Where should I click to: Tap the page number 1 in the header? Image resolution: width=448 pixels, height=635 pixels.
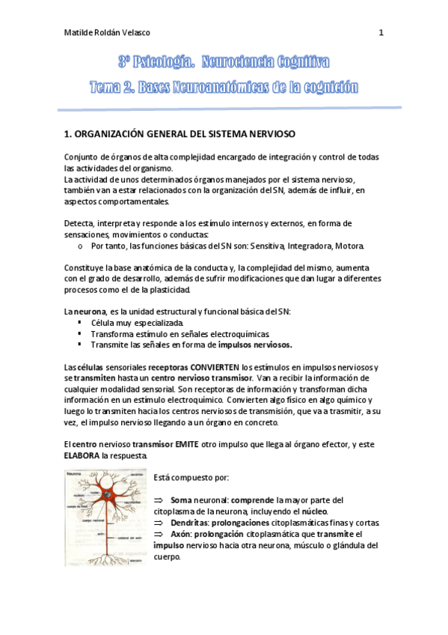coord(381,33)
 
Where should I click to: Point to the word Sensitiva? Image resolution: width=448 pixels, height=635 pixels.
coord(270,246)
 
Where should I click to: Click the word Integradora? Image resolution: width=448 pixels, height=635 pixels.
coord(314,246)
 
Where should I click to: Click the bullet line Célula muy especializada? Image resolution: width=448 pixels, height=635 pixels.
coord(131,322)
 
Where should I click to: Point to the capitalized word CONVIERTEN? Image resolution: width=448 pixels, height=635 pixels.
coord(213,367)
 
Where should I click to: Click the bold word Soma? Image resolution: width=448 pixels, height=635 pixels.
coord(180,499)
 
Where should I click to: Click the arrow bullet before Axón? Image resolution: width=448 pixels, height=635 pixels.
coord(158,534)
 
